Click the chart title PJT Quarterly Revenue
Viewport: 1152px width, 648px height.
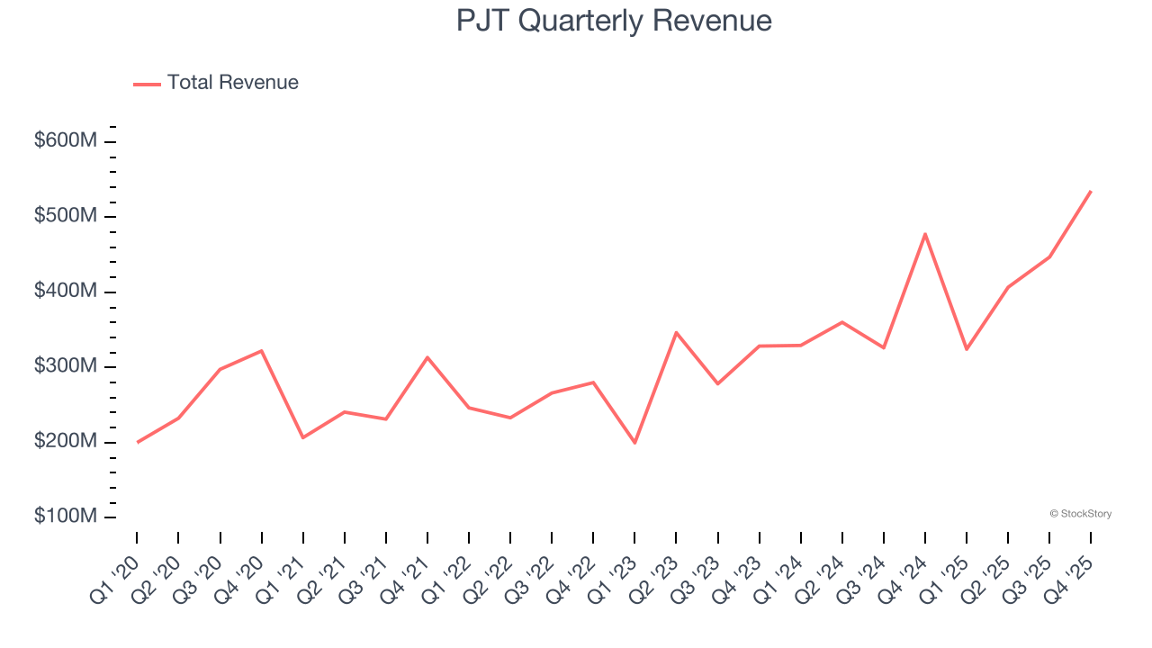[x=614, y=21]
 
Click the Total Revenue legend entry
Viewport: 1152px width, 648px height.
[x=216, y=83]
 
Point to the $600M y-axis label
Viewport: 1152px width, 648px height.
[x=66, y=141]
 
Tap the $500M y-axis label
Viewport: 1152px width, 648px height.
[x=66, y=217]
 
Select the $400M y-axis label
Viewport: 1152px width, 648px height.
[x=66, y=292]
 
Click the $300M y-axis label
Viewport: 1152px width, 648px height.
[x=66, y=367]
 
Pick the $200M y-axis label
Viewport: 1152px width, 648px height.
[x=66, y=442]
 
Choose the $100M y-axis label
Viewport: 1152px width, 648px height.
[x=66, y=517]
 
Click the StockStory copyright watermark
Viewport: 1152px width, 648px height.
[x=1080, y=514]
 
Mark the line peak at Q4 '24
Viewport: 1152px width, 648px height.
[x=925, y=234]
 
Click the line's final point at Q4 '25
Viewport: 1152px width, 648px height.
[x=1091, y=191]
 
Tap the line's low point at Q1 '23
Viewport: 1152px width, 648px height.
[x=634, y=443]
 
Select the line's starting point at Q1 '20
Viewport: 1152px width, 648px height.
[x=137, y=442]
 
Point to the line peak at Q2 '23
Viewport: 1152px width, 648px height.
[x=676, y=332]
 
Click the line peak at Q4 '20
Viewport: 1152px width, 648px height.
[x=261, y=350]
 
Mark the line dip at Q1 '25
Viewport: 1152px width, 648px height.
[x=967, y=349]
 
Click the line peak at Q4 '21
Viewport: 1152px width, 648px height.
[x=427, y=357]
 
